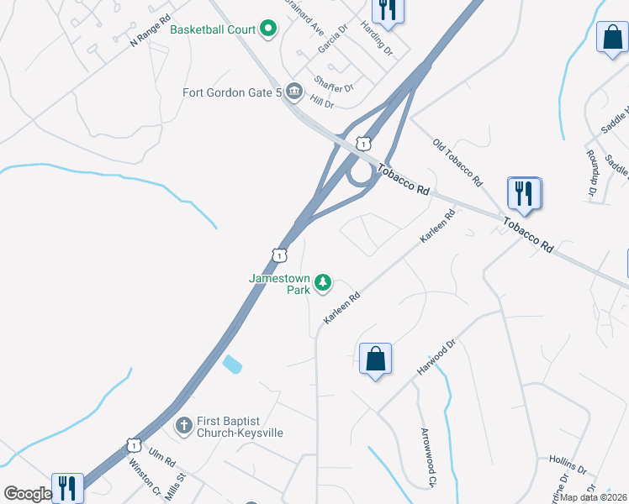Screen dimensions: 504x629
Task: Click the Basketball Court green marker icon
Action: click(269, 30)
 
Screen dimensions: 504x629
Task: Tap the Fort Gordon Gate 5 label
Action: click(231, 92)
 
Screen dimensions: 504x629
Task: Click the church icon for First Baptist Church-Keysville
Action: click(184, 426)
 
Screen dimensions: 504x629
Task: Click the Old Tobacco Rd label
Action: click(457, 162)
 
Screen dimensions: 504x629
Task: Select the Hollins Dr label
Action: click(567, 465)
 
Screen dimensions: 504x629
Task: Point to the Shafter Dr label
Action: click(334, 83)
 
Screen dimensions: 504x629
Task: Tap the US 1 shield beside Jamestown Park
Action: click(278, 254)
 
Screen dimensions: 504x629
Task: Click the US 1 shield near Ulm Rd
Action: click(133, 444)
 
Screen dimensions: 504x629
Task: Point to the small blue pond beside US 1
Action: click(231, 365)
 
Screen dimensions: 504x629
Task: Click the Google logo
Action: click(28, 494)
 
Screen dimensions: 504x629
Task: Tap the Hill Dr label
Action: click(322, 102)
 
